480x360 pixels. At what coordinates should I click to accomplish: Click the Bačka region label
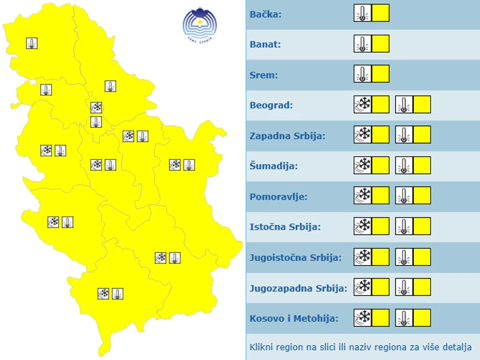coord(266,14)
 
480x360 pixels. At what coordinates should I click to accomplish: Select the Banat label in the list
coord(265,44)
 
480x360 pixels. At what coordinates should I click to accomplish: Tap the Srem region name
coord(264,75)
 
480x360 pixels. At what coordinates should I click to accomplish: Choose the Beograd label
coord(271,105)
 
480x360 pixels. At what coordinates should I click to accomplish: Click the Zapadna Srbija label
coord(287,136)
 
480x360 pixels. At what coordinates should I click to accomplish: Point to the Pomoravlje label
coord(278,196)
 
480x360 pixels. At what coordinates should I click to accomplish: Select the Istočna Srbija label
coord(285,227)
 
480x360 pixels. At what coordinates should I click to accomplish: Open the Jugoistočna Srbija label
coord(295,257)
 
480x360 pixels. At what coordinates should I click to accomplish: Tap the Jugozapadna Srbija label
coord(298,288)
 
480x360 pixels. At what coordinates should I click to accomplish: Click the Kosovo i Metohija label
coord(294,318)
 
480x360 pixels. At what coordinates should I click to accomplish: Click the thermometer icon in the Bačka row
coord(363,13)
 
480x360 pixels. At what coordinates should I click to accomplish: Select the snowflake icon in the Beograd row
coord(363,105)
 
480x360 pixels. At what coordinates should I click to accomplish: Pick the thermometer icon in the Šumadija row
coord(404,165)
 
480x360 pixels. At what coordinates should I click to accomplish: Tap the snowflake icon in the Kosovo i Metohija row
coord(363,317)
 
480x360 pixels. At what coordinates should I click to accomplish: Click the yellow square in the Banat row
coord(380,44)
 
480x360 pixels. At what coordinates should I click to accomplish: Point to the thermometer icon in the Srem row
coord(363,74)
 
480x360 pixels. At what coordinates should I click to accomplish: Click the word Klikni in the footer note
coord(262,347)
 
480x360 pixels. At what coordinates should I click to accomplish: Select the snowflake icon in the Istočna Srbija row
coord(363,226)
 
